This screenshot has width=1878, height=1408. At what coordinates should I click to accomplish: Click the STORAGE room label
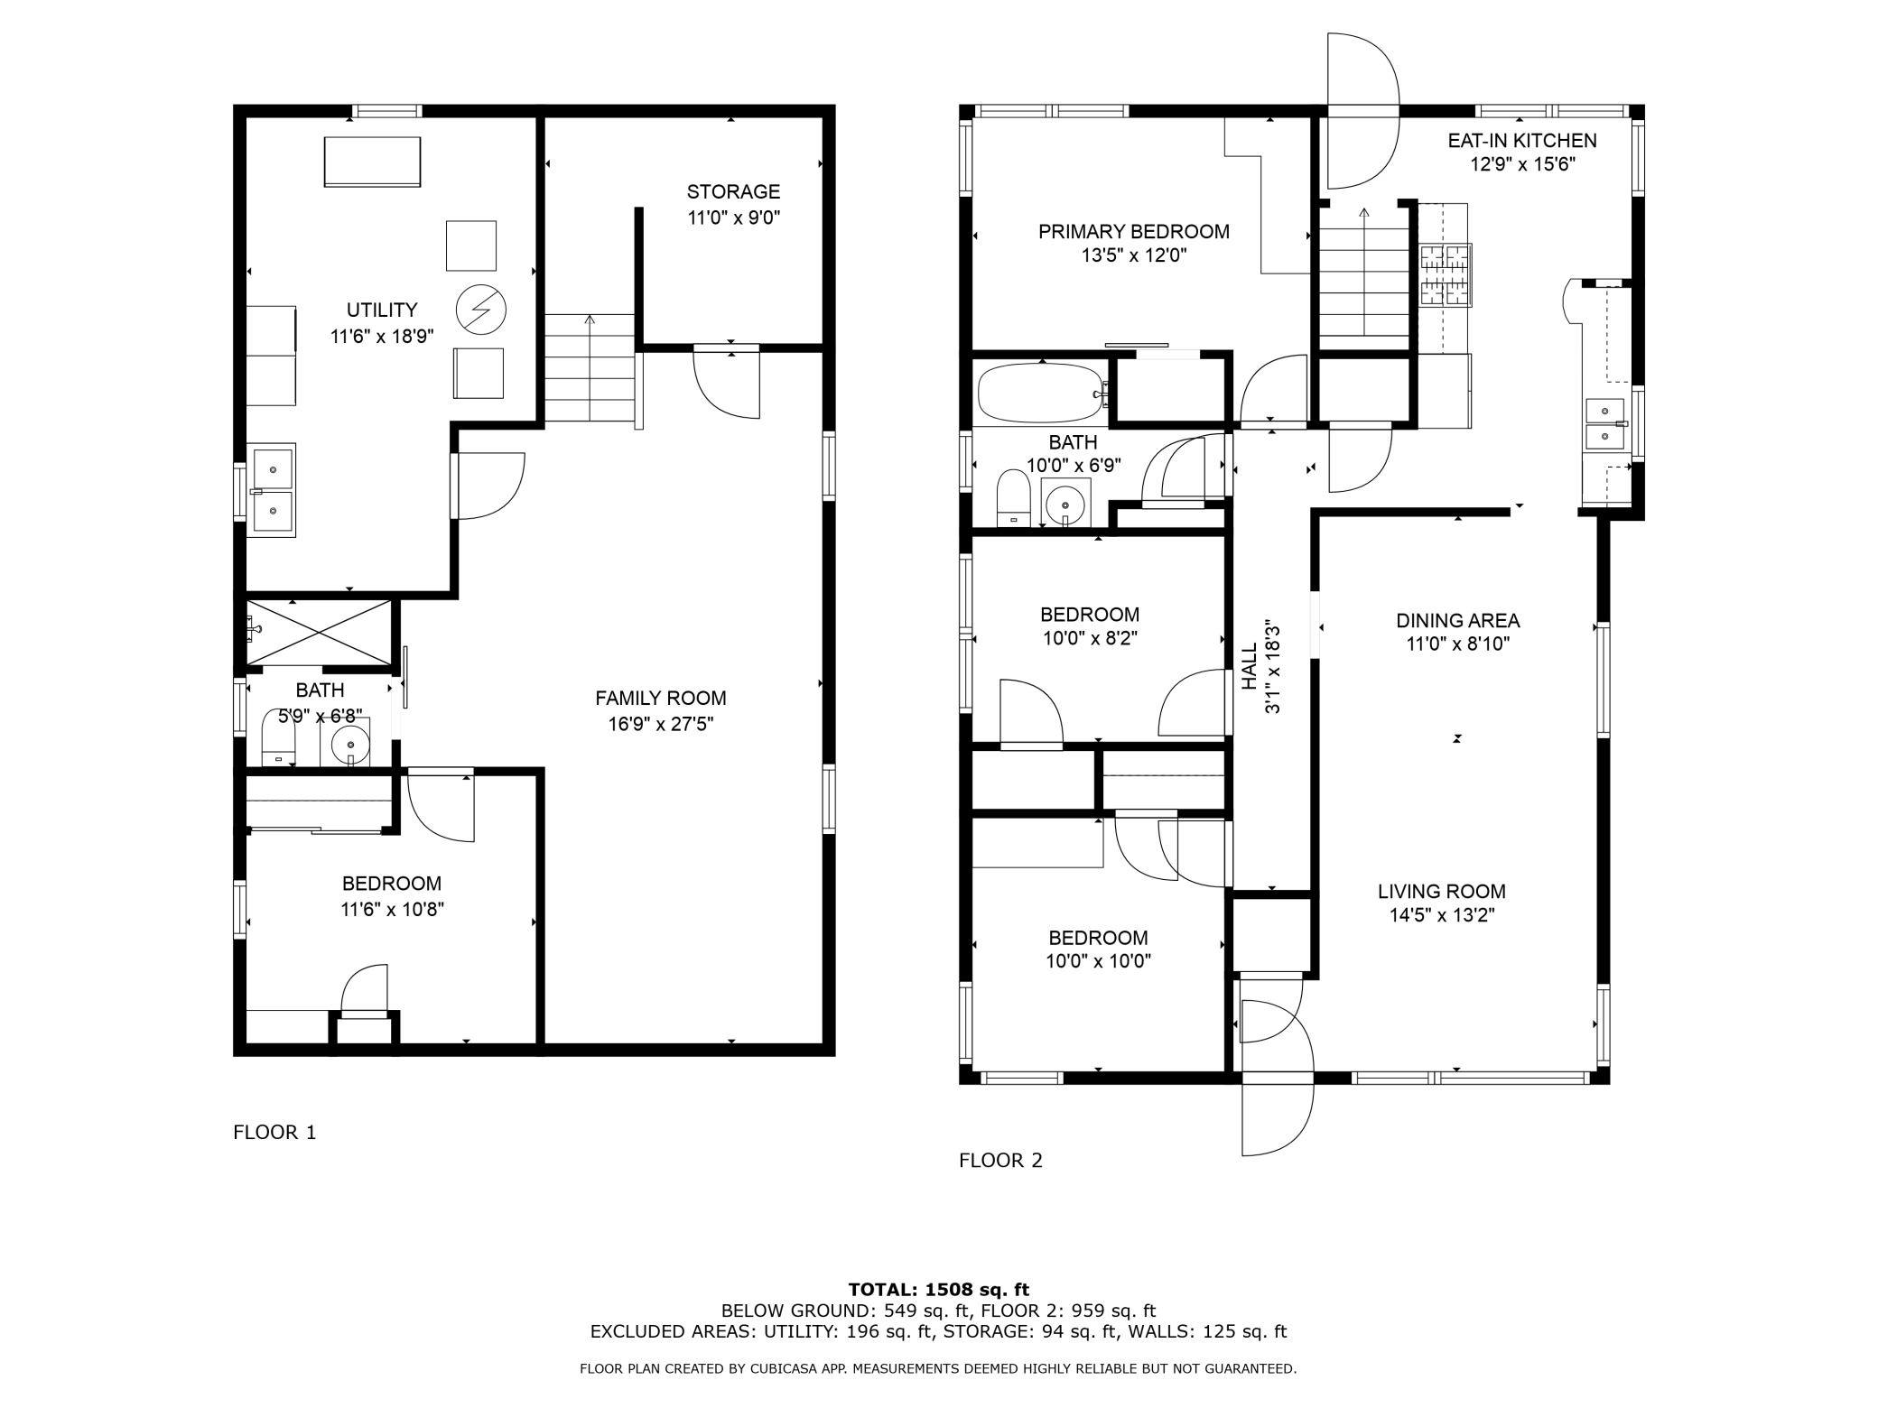pos(733,191)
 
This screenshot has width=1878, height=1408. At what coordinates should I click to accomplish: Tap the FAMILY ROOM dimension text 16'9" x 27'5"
pos(661,724)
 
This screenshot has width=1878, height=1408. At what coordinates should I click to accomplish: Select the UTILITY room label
pos(382,310)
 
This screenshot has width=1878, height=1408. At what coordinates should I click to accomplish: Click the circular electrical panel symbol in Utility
pos(480,310)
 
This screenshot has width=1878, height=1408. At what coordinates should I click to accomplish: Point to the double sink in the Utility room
pos(272,490)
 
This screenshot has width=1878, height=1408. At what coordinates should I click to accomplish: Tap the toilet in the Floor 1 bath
pos(278,738)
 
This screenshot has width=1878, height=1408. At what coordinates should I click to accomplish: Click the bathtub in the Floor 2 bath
pos(1040,393)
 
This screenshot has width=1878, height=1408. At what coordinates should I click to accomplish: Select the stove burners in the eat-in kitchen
pos(1446,275)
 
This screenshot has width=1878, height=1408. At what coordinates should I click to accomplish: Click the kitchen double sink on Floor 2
pos(1605,423)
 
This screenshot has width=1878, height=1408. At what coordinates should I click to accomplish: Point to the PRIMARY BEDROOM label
pos(1134,231)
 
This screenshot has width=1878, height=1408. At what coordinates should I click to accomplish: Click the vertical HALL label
pos(1250,666)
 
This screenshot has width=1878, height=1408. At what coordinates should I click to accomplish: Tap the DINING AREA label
pos(1458,620)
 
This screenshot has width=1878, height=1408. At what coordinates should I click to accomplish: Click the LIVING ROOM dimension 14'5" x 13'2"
pos(1442,915)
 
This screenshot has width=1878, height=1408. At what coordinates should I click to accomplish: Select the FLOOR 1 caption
pos(274,1132)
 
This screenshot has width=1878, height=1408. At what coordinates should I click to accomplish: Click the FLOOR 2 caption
pos(1000,1160)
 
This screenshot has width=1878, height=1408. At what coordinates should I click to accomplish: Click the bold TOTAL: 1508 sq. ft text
pos(939,1290)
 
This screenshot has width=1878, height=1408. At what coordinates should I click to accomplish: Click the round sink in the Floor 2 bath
pos(1066,504)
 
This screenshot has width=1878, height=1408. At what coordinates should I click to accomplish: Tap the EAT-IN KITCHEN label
pos(1522,140)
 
